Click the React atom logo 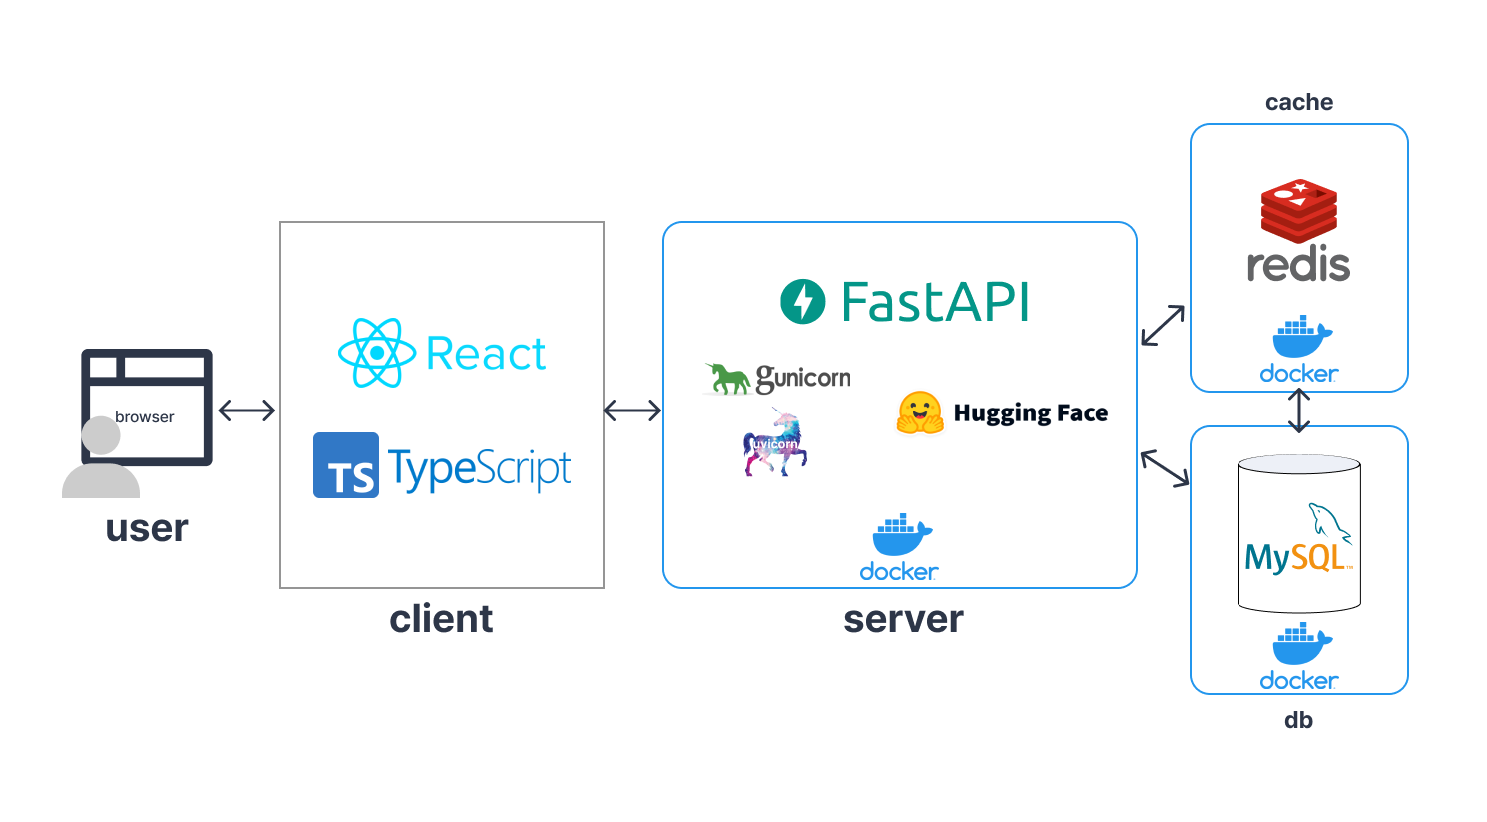(376, 353)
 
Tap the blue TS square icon (345, 465)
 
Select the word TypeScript (480, 469)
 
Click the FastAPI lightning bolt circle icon (803, 302)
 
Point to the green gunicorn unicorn (729, 379)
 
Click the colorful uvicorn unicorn (775, 442)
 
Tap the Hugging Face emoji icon (920, 413)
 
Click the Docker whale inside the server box (901, 536)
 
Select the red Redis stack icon (1298, 210)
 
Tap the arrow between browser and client (247, 411)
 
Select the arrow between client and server (633, 411)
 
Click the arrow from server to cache (1163, 326)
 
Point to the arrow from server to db (1165, 468)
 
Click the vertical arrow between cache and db (1299, 411)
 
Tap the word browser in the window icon (144, 417)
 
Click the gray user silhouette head (101, 436)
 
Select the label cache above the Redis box (1298, 102)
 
